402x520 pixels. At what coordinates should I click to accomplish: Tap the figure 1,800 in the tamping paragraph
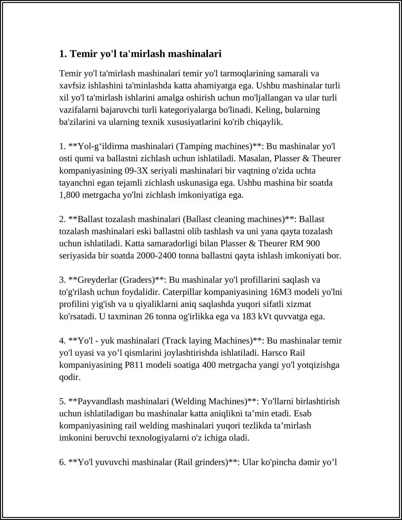click(69, 195)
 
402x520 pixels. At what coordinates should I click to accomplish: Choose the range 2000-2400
click(156, 256)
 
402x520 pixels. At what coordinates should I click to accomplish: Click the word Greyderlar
click(97, 280)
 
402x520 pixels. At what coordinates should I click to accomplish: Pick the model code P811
click(134, 365)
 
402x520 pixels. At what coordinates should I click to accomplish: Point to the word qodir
click(70, 377)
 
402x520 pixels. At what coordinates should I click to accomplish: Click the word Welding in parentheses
click(190, 401)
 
